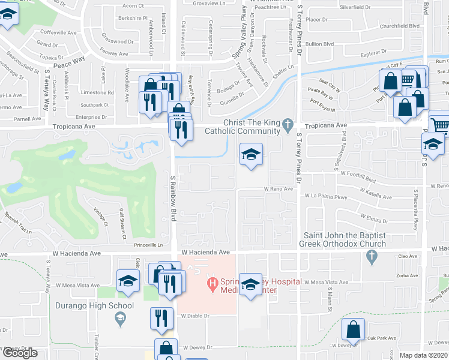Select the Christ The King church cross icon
(x=288, y=125)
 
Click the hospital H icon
(x=211, y=282)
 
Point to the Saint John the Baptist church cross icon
(x=372, y=257)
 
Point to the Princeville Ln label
(x=148, y=245)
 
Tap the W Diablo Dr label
(x=195, y=316)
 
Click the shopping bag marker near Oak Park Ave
(x=353, y=330)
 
